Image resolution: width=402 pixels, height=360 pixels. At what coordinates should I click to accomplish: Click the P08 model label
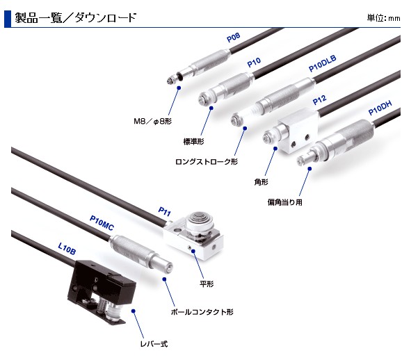[x=234, y=38]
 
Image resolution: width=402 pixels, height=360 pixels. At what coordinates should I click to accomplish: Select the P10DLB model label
[x=322, y=63]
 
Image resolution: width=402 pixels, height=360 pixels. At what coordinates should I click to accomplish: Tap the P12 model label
[x=319, y=100]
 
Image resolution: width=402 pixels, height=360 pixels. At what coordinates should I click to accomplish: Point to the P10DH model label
[x=380, y=108]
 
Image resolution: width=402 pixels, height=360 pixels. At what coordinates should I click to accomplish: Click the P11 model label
[x=164, y=211]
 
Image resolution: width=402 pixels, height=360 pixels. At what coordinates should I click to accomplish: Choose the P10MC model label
[x=102, y=222]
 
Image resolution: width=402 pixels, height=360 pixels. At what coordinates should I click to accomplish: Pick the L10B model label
[x=67, y=249]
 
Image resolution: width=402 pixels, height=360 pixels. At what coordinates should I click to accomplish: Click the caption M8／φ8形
[x=153, y=121]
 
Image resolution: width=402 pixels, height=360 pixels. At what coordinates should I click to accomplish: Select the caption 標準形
[x=193, y=141]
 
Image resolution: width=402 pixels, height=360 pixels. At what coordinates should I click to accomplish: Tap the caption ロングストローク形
[x=207, y=162]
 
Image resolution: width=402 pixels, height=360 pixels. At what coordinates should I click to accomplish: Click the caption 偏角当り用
[x=285, y=202]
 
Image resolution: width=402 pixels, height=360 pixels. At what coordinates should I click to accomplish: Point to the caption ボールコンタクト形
[x=202, y=312]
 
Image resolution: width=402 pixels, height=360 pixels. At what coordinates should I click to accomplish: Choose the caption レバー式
[x=154, y=344]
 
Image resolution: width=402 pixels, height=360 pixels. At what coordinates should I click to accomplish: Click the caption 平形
[x=207, y=284]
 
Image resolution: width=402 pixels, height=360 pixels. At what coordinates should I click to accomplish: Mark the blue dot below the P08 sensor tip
[x=179, y=88]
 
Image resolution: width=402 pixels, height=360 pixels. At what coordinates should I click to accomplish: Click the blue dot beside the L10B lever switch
[x=133, y=311]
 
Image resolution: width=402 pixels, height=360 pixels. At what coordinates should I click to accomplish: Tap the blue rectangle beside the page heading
[x=8, y=19]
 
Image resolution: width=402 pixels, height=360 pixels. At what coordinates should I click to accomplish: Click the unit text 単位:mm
[x=383, y=18]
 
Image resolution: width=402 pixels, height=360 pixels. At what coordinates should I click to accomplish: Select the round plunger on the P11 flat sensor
[x=200, y=221]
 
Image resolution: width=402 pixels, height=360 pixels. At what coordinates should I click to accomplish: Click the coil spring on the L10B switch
[x=102, y=304]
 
